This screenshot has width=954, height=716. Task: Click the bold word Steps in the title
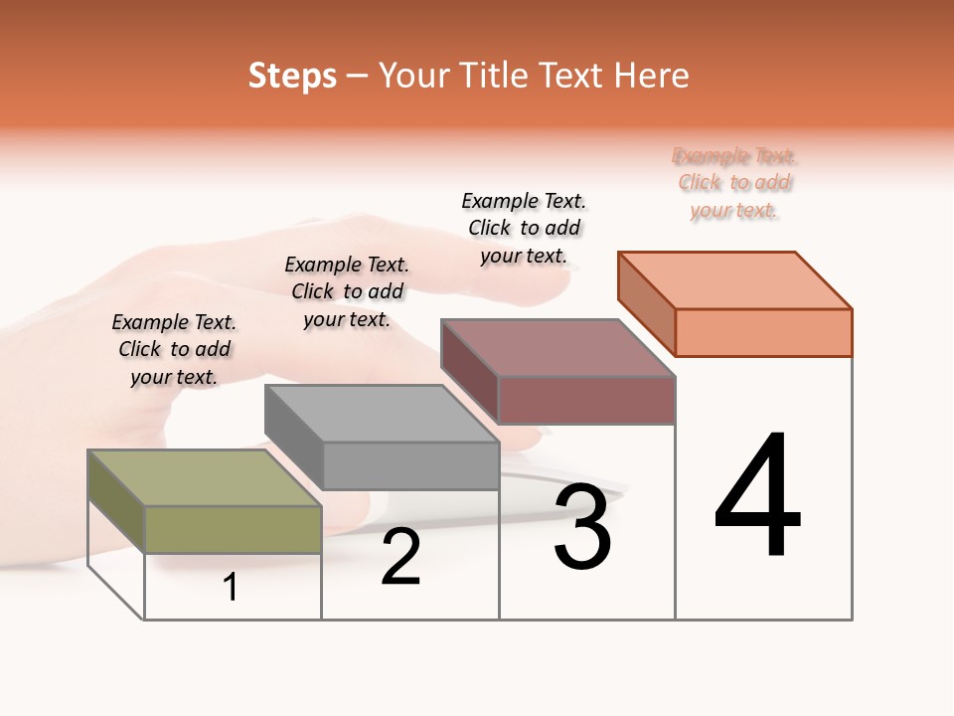tap(292, 76)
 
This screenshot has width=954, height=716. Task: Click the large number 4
tap(757, 497)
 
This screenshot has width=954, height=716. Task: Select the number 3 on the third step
tap(582, 528)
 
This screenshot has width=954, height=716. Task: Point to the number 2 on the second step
tap(400, 558)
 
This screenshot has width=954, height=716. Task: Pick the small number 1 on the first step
tap(231, 588)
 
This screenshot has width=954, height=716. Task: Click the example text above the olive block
tap(174, 349)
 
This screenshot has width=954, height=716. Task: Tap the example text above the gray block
tap(347, 291)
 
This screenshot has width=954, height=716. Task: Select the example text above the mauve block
tap(524, 228)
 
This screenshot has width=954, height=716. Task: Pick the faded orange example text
tap(734, 183)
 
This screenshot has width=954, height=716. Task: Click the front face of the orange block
tap(763, 332)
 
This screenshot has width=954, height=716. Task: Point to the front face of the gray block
tap(410, 465)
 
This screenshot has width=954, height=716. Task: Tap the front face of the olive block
tap(233, 529)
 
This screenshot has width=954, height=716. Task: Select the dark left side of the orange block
tap(646, 303)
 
